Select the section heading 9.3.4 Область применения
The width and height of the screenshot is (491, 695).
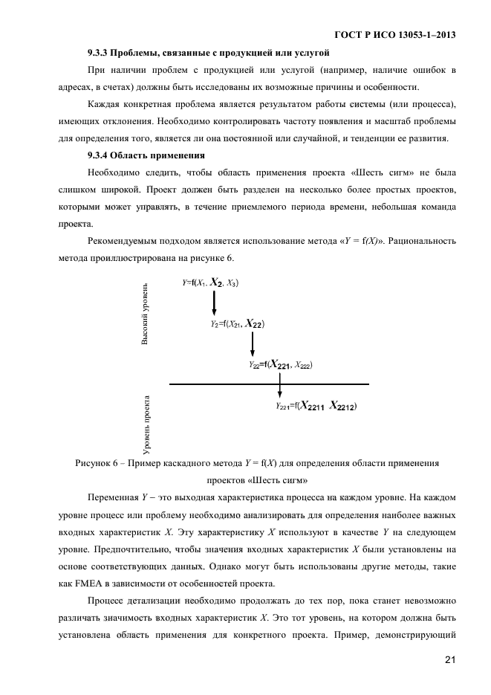pyautogui.click(x=141, y=155)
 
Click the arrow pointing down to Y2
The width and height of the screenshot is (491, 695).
pyautogui.click(x=214, y=303)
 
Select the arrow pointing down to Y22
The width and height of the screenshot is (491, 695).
pyautogui.click(x=253, y=343)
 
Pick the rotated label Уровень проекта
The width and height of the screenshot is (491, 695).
pyautogui.click(x=147, y=424)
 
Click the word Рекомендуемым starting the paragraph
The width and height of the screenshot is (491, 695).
pyautogui.click(x=124, y=241)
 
